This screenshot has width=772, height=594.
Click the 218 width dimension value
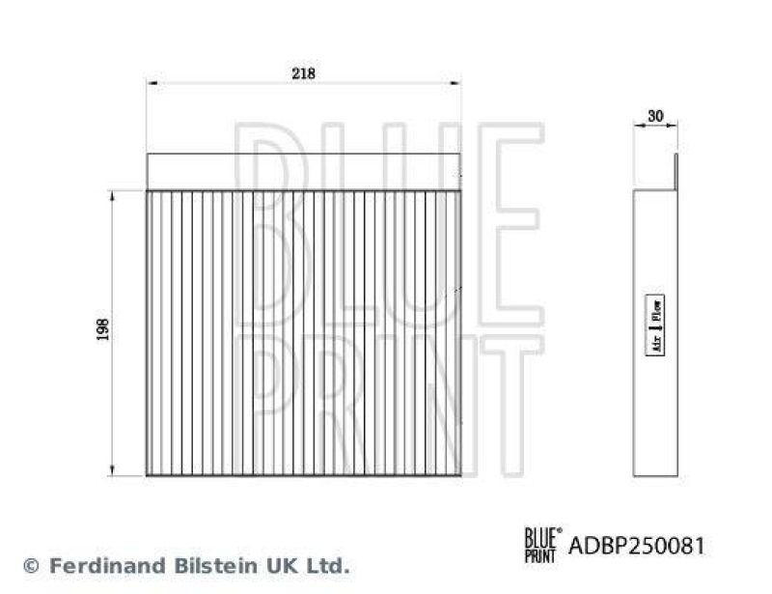tap(303, 73)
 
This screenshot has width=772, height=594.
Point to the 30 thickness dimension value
tap(656, 116)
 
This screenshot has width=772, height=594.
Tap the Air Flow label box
tap(655, 326)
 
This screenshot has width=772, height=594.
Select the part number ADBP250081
tap(636, 546)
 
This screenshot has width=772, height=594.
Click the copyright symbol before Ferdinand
tap(31, 565)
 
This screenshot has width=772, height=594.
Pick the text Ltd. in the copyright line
tap(323, 565)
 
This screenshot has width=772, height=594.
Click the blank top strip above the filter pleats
tap(303, 172)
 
